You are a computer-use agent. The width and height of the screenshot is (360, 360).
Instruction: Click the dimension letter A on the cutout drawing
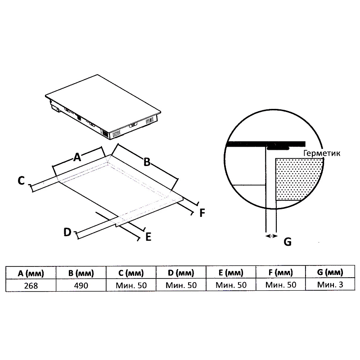pyautogui.click(x=77, y=157)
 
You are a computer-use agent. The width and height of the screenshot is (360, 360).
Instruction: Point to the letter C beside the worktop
pyautogui.click(x=21, y=181)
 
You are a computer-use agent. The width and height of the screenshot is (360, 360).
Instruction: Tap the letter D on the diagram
pyautogui.click(x=67, y=232)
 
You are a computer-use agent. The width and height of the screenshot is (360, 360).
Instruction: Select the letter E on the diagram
pyautogui.click(x=148, y=236)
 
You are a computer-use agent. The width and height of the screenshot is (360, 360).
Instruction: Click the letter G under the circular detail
pyautogui.click(x=287, y=242)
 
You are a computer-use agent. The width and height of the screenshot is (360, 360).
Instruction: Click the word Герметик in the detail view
pyautogui.click(x=322, y=153)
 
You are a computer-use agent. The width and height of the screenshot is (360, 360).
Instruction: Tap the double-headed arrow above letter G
pyautogui.click(x=271, y=235)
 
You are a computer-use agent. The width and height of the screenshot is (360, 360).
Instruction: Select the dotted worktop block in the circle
pyautogui.click(x=299, y=179)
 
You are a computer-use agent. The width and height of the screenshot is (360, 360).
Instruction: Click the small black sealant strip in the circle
pyautogui.click(x=279, y=147)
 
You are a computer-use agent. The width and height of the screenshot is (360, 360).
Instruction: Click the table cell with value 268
pyautogui.click(x=31, y=285)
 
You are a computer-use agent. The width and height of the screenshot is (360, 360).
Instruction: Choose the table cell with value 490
pyautogui.click(x=81, y=285)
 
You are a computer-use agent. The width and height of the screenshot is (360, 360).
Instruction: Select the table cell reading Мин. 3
pyautogui.click(x=330, y=285)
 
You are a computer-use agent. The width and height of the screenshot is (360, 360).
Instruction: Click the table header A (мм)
pyautogui.click(x=31, y=273)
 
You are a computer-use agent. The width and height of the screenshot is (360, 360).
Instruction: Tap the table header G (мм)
pyautogui.click(x=330, y=272)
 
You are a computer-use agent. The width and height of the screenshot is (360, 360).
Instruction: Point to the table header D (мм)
pyautogui.click(x=180, y=273)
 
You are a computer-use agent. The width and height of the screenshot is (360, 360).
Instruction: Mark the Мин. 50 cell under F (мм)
pyautogui.click(x=280, y=285)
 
